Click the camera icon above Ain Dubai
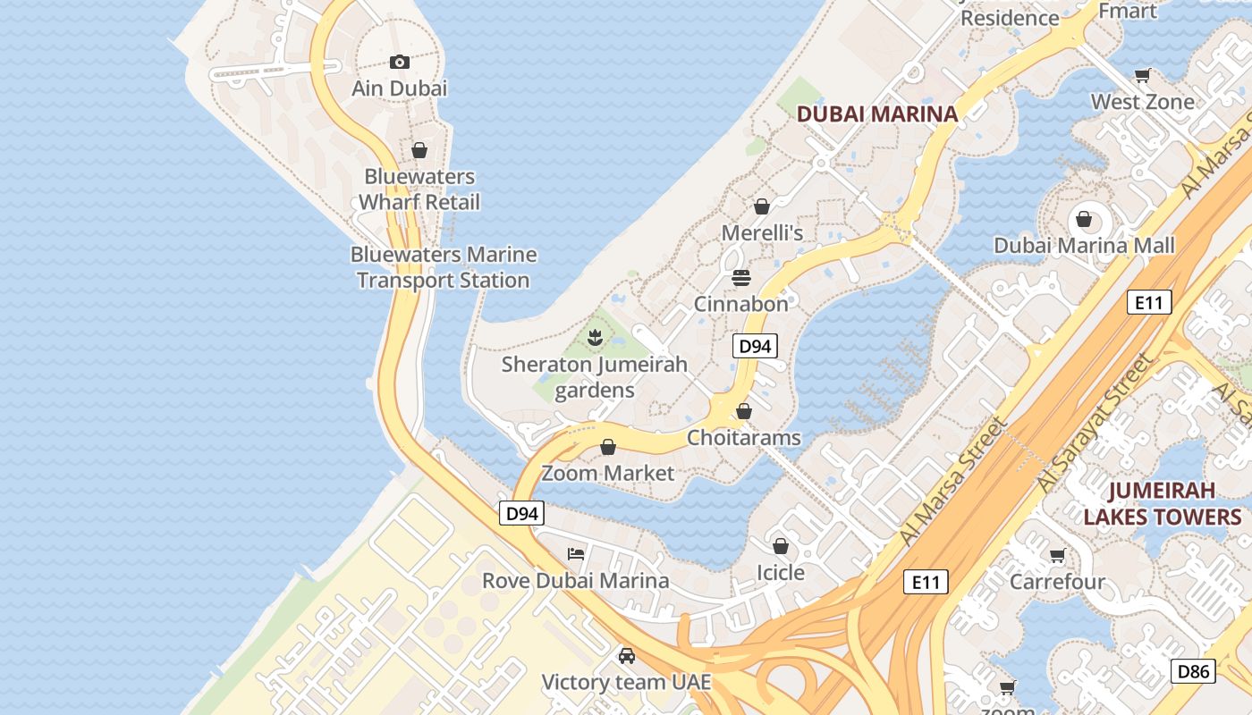coord(400,62)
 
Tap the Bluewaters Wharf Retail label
coord(419,189)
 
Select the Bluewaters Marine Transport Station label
coord(444,267)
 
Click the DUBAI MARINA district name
coord(876,114)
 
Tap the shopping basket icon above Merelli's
coord(762,206)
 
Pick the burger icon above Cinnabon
coord(741,277)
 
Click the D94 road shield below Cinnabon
coord(755,346)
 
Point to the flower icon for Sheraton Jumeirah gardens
coord(594,337)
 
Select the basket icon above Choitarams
coord(744,411)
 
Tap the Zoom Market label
coord(608,473)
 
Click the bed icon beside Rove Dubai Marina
coord(576,554)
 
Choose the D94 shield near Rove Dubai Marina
coord(521,513)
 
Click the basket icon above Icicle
coord(781,545)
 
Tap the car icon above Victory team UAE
coord(627,656)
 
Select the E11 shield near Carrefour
coord(925,583)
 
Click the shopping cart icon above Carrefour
coord(1057,556)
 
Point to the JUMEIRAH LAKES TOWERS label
coord(1163,503)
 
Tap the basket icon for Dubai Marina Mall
coord(1084,219)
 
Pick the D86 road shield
coord(1193,671)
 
